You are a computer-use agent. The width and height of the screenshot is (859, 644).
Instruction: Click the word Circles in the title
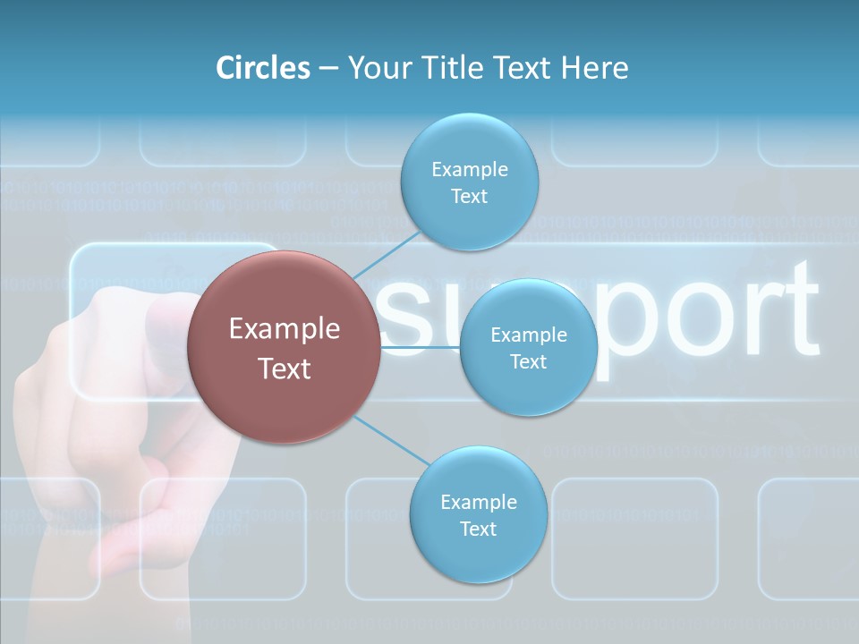click(262, 68)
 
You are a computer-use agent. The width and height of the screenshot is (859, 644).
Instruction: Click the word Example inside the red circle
click(285, 329)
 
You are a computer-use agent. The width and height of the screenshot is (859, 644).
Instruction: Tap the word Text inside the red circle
click(285, 369)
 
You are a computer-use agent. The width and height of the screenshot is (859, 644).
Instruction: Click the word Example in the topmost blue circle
click(469, 170)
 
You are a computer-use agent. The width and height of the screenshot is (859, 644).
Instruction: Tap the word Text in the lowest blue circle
click(478, 530)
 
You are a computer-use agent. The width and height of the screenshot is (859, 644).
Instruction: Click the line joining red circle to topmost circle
click(387, 254)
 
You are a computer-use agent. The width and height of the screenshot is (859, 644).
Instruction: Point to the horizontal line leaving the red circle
click(421, 347)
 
